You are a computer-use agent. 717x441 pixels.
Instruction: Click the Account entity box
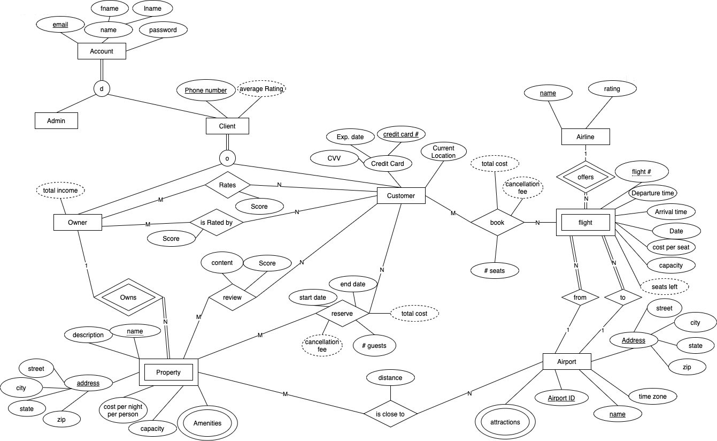pos(102,51)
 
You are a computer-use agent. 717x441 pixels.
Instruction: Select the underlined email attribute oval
pos(60,25)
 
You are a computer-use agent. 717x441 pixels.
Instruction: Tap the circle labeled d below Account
pos(102,88)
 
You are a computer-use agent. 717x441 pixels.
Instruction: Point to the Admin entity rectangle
pos(56,120)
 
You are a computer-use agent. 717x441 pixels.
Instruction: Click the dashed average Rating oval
pos(261,88)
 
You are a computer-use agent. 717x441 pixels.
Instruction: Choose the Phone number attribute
pos(206,90)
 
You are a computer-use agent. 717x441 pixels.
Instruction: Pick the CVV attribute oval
pos(335,158)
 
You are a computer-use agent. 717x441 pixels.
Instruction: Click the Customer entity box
pos(401,196)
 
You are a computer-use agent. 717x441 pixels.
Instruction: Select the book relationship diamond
pos(497,223)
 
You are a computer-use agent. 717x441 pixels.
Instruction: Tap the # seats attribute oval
pos(495,271)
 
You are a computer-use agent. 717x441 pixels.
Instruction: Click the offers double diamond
pos(585,177)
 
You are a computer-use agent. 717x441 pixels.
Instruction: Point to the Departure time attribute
pos(652,193)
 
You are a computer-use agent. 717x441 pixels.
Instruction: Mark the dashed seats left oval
pos(665,287)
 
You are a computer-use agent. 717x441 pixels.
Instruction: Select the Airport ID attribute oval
pos(561,398)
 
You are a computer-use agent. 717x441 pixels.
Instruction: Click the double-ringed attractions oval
pos(505,422)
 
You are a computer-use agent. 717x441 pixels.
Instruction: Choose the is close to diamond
pos(390,414)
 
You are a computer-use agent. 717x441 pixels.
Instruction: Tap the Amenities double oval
pos(207,423)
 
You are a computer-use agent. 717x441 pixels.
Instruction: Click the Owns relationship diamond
pos(128,298)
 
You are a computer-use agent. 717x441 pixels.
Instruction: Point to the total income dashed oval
pos(60,190)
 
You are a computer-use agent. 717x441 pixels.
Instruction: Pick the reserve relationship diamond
pos(342,314)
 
